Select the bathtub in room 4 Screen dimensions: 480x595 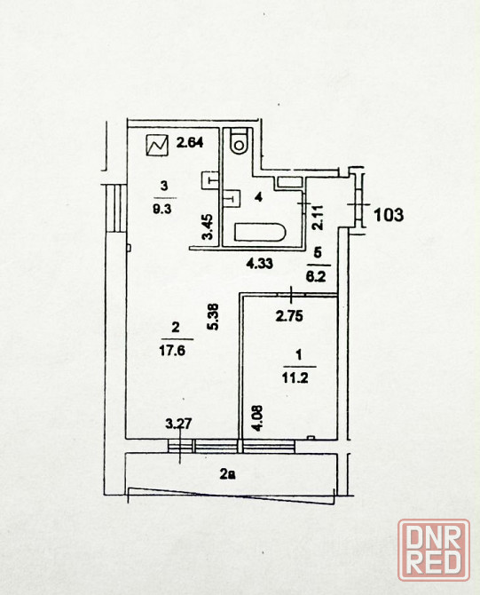(260, 233)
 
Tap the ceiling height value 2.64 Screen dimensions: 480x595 (190, 142)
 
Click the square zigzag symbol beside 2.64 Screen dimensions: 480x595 (157, 145)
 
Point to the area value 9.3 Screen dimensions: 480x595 (162, 209)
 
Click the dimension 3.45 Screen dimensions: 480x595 (208, 227)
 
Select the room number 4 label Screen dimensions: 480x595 (258, 197)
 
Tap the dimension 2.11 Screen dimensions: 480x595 (318, 217)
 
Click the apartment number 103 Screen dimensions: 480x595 (389, 215)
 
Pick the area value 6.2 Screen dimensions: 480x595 (316, 276)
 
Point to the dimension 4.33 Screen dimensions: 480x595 (260, 263)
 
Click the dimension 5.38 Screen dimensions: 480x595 (214, 317)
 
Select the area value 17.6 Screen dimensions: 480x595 (172, 350)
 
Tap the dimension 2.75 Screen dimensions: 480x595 (289, 316)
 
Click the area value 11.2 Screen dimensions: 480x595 (295, 378)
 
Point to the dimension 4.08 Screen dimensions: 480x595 (257, 418)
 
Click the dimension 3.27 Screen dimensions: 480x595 (178, 423)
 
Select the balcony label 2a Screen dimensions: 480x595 (227, 474)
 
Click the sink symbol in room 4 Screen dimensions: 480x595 (232, 198)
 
